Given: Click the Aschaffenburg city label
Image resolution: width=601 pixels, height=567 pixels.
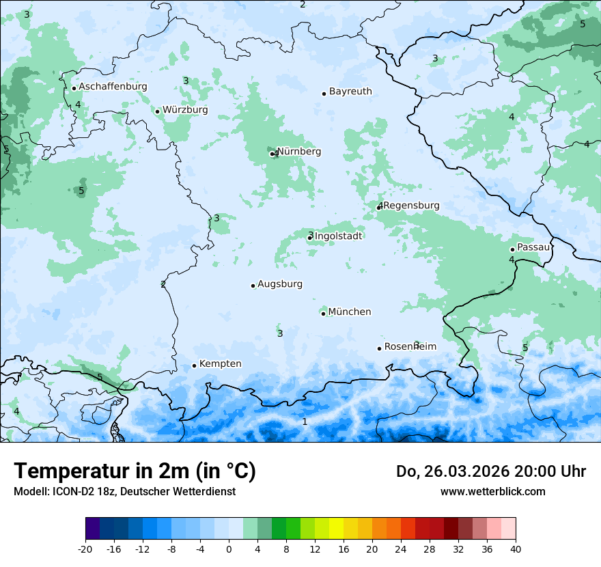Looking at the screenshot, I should point(113,87).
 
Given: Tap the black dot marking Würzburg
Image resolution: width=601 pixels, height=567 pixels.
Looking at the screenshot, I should point(157,111).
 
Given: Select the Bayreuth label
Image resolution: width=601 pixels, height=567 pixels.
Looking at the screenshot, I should point(350,92).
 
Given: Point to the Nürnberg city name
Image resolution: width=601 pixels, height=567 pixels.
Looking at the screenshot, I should point(299,152).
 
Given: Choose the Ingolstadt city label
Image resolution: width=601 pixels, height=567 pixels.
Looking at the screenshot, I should point(339,236).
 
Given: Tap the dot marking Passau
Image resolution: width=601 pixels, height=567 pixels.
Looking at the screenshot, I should point(512,249).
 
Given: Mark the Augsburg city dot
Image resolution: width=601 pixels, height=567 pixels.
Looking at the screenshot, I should point(253,286).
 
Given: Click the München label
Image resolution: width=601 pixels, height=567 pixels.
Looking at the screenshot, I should point(350,312).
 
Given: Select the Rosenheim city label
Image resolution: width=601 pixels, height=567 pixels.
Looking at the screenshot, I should point(410,347).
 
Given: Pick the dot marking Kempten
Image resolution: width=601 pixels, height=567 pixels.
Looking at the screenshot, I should point(194,365).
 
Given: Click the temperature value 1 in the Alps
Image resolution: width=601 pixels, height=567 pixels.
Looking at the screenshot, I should point(305,421).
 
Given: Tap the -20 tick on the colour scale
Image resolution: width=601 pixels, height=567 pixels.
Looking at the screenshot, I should point(85,549).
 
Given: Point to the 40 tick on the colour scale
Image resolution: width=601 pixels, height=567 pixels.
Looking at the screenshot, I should point(515,549).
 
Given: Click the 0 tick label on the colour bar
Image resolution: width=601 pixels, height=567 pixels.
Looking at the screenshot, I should point(229,549).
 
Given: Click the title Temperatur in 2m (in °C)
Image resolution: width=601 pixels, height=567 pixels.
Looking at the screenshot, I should point(135,471).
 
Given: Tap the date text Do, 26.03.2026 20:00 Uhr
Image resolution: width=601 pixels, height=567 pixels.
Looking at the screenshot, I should point(491,471).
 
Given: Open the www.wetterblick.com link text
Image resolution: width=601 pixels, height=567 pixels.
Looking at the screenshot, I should point(492,491).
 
